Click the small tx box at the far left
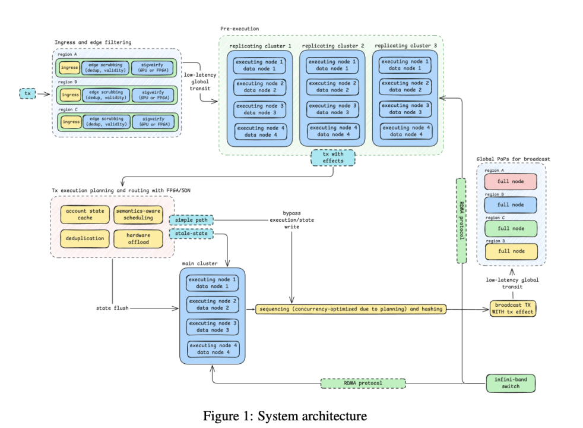tap(27, 93)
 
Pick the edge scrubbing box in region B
tap(107, 95)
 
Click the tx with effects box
tap(333, 158)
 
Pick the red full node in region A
tap(510, 181)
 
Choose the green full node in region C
tap(510, 228)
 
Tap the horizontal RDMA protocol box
tap(363, 383)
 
